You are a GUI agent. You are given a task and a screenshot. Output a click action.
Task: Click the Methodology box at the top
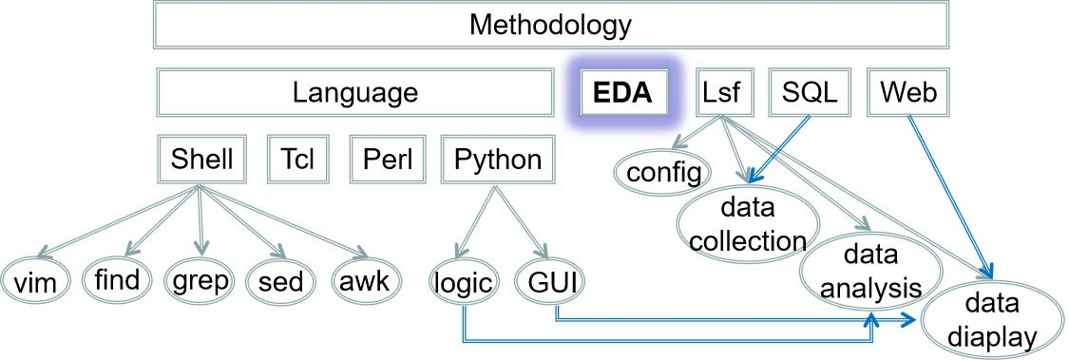pos(549,25)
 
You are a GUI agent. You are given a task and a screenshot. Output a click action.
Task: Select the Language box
pos(354,92)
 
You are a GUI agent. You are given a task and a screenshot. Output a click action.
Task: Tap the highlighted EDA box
pos(622,93)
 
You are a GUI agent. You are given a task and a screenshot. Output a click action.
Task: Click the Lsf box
pos(720,92)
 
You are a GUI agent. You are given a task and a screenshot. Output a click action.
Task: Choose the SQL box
pos(810,92)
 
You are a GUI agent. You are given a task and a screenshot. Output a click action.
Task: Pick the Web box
pos(908,92)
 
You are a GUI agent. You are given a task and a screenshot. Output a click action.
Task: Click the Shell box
pos(201,159)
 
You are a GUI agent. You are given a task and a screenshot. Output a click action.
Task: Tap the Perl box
pos(388,159)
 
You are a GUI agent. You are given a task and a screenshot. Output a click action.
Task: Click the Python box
pos(497,159)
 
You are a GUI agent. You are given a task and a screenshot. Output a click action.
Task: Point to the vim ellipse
pos(35,282)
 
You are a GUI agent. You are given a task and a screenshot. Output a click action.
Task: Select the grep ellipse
pos(199,281)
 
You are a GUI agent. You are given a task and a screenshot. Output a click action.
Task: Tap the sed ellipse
pos(280,282)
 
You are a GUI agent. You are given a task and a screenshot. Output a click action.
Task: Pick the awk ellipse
pos(367,282)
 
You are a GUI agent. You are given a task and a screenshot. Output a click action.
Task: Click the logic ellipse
pos(463,282)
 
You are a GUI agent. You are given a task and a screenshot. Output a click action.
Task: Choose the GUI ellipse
pos(550,282)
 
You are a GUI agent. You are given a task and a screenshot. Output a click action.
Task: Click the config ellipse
pos(663,173)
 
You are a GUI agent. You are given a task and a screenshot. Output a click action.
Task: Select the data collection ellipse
pos(748,224)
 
